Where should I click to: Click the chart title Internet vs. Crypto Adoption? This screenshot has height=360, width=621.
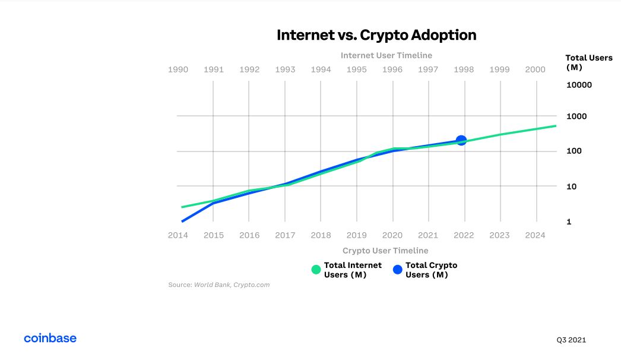pos(376,35)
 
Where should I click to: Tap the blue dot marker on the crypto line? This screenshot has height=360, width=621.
pos(461,141)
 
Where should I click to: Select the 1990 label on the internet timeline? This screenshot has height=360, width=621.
pos(178,70)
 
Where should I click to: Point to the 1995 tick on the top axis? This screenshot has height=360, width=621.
pos(357,70)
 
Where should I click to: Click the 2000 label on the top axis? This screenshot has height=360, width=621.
pos(536,70)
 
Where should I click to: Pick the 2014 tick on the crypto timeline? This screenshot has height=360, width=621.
pos(178,235)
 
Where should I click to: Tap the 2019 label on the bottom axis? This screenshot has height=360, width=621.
pos(357,235)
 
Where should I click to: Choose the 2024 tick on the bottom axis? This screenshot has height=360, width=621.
pos(536,235)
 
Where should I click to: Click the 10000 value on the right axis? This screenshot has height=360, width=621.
pos(579,85)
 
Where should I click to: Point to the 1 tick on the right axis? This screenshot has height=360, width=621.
pos(569,222)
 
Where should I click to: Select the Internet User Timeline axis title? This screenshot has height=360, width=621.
pos(386,55)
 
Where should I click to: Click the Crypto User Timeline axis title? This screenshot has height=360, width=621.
pos(385,251)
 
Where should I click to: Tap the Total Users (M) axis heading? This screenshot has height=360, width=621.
pos(585,62)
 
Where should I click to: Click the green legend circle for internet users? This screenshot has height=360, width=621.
pos(316,270)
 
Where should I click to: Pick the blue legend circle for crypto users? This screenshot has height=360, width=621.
pos(398,270)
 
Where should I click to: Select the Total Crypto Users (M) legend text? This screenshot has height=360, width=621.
pos(431,270)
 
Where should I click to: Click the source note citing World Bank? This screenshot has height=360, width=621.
pos(219,285)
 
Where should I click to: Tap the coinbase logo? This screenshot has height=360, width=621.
pos(50,338)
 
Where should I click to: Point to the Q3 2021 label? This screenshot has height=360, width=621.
pos(571,340)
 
